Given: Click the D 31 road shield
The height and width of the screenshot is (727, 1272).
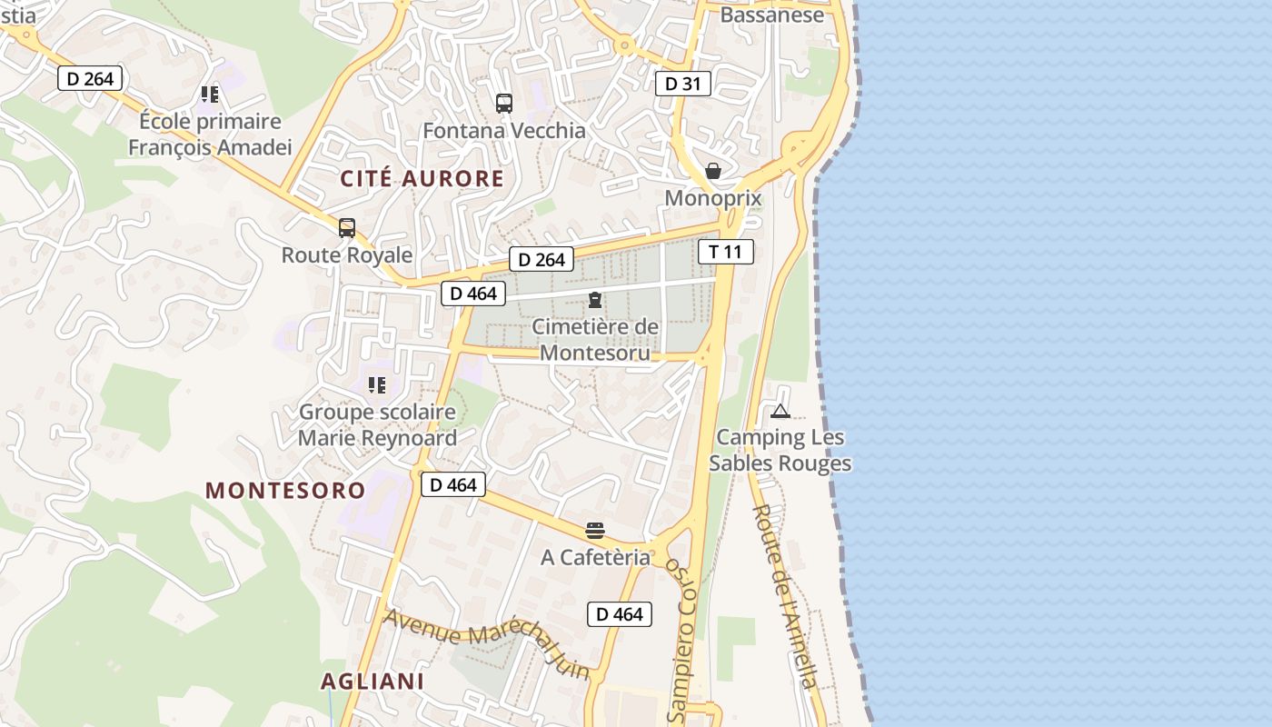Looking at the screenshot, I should coord(682,84).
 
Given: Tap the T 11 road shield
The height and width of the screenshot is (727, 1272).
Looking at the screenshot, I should coord(725,252).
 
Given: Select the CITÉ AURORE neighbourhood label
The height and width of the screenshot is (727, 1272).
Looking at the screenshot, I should coord(422,179).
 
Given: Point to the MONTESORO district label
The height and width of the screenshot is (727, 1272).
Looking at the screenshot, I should coord(285,491).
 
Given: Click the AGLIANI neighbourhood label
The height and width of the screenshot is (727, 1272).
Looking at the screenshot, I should coord(373,682).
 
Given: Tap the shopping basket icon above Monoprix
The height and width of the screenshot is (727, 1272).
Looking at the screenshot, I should coord(713,171).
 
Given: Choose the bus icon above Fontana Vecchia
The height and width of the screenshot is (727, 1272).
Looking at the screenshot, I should coord(504,104).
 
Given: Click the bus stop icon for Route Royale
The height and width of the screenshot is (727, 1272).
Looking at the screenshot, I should coord(347,228).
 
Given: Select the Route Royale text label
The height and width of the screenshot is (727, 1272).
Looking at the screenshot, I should coord(347,255).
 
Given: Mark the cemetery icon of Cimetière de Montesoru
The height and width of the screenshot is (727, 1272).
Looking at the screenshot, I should coord(595,300).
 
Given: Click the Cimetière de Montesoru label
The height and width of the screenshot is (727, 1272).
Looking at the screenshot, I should coord(595,339).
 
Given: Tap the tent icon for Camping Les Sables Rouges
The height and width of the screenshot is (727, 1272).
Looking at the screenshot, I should coord(780,411).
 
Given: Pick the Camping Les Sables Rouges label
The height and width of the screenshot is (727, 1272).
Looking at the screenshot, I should coord(780,451).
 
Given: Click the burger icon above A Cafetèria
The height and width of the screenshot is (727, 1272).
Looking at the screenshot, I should coord(595,531).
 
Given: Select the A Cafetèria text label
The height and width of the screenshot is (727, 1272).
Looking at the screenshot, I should coord(595,557).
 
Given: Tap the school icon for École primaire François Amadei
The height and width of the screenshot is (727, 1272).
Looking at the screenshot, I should coord(210,94).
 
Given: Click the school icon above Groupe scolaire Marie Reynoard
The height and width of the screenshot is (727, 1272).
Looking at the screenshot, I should coord(377,384).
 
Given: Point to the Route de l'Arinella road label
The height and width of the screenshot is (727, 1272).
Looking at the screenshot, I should coord(787,595).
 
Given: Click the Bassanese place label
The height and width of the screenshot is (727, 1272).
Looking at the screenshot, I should coord(771,15).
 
